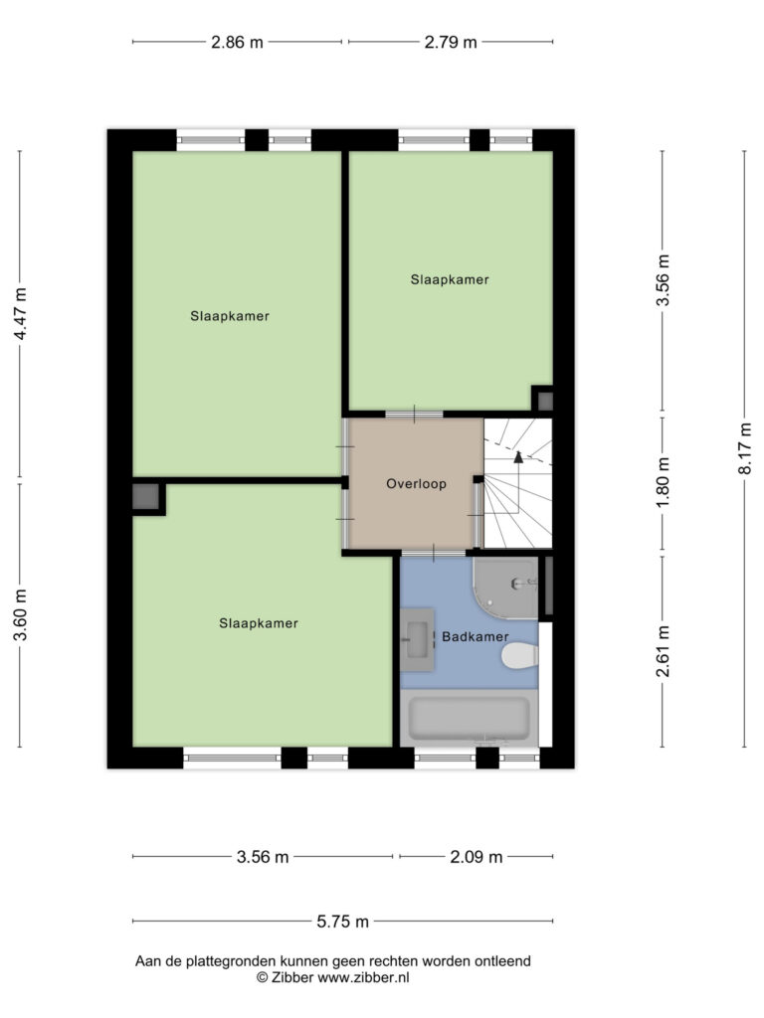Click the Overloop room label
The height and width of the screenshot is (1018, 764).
coord(416,484)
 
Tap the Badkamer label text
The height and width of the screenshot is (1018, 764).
coord(475,636)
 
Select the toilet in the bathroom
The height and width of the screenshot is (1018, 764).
coord(519,655)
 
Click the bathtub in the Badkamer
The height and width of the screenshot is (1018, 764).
coord(469,718)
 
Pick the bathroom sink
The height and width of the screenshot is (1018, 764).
coord(417,639)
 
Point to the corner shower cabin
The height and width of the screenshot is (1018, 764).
coord(505,588)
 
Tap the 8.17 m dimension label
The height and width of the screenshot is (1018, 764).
coord(744,448)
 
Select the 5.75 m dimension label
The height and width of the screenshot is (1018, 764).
coord(342,922)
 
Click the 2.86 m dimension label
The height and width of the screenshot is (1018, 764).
coord(237,42)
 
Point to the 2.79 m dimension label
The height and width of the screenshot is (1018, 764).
coord(451,42)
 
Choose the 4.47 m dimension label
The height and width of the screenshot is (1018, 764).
coord(20,313)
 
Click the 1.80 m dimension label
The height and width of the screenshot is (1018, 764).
coord(662,483)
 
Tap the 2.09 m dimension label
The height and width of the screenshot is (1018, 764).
coord(477,857)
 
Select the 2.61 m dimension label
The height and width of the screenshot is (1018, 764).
coord(662,651)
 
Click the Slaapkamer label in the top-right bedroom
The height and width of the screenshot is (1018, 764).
coord(450,279)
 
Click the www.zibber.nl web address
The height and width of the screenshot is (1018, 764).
coord(363,977)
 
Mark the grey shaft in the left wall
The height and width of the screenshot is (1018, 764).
coord(145,497)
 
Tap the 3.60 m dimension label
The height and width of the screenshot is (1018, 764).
coord(20,614)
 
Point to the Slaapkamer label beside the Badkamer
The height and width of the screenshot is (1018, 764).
coord(259,623)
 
